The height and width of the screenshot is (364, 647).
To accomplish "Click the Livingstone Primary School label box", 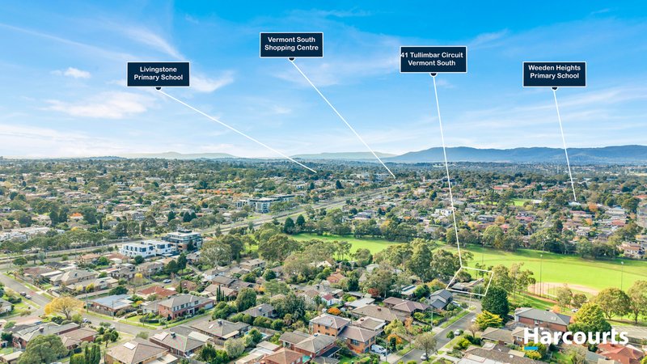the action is [159, 74].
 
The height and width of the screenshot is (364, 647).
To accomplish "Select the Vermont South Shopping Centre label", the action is [291, 44].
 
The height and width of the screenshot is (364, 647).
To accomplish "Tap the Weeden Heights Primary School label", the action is [554, 74].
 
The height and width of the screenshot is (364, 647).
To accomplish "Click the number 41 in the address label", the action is [404, 55].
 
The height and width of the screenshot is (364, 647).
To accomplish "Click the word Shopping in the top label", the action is [278, 48].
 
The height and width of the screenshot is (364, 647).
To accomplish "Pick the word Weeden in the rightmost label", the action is [540, 68].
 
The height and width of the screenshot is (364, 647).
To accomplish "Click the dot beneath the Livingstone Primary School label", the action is [158, 88].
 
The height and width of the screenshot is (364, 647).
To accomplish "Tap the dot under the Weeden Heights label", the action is [555, 88].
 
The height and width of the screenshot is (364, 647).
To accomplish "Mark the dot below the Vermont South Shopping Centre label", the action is [291, 59].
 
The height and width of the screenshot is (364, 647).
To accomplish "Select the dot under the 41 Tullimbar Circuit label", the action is [433, 74].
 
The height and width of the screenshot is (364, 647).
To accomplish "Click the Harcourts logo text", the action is [576, 336].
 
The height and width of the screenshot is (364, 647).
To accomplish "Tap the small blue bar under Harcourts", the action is [530, 349].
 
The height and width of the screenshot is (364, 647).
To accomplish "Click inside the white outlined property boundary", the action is [470, 281].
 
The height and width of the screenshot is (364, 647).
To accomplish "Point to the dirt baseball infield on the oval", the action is [561, 289].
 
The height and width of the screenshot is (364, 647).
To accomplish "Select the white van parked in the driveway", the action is [378, 349].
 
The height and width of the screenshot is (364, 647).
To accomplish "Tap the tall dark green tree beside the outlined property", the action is [496, 303].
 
